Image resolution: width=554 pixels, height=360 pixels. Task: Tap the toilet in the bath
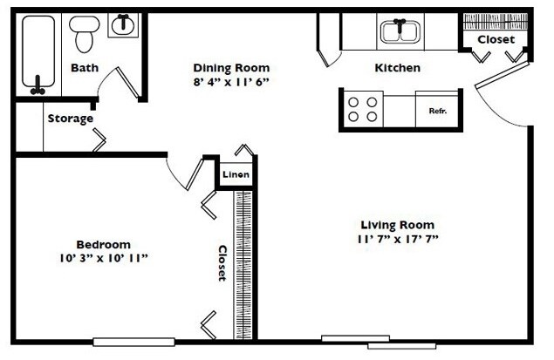[x=84, y=33]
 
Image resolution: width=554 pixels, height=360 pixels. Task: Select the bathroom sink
[x=122, y=25]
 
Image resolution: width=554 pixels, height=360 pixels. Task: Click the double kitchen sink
[x=399, y=33]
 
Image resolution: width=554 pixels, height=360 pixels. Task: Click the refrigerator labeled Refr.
[x=437, y=111]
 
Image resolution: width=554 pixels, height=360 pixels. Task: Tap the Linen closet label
[x=236, y=175]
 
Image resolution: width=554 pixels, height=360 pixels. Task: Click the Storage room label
[x=71, y=119]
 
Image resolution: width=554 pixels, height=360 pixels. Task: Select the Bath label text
[x=85, y=68]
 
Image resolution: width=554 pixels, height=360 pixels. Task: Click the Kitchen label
[x=398, y=68]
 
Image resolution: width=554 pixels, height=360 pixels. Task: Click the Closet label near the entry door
[x=496, y=40]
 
